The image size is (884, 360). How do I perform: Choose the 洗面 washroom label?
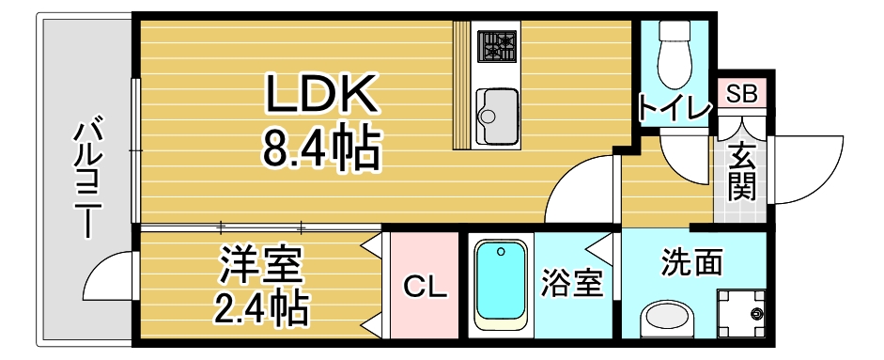691,262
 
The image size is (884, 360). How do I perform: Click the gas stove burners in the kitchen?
498,44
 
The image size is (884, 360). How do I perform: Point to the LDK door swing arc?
578,193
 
